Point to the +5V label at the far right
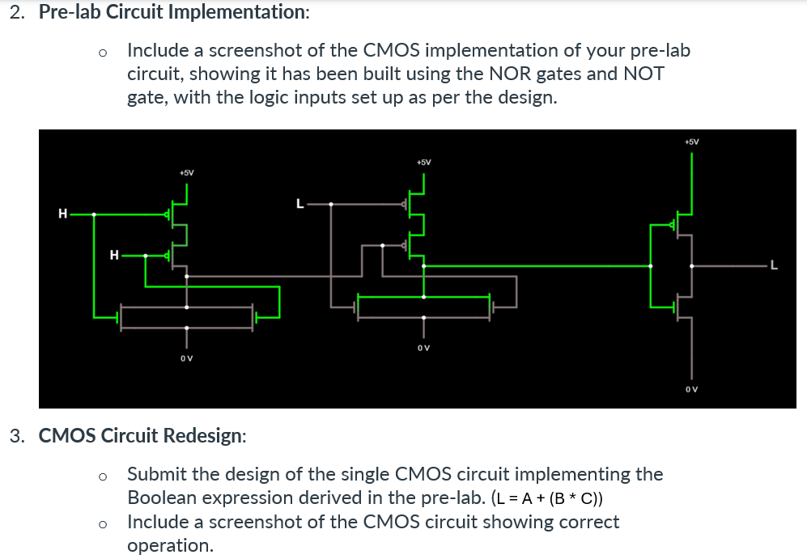coord(691,142)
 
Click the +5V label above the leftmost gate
coord(186,172)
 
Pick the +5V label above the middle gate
coord(423,162)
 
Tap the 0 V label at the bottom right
coord(690,389)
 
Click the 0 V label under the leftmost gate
coord(186,358)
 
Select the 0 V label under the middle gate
coord(423,348)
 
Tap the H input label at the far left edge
coord(62,214)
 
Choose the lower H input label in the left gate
coord(113,256)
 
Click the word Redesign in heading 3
coord(205,435)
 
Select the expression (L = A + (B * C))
coord(557,498)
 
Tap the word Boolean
coord(161,498)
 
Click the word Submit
coord(155,474)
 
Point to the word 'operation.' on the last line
coord(171,545)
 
